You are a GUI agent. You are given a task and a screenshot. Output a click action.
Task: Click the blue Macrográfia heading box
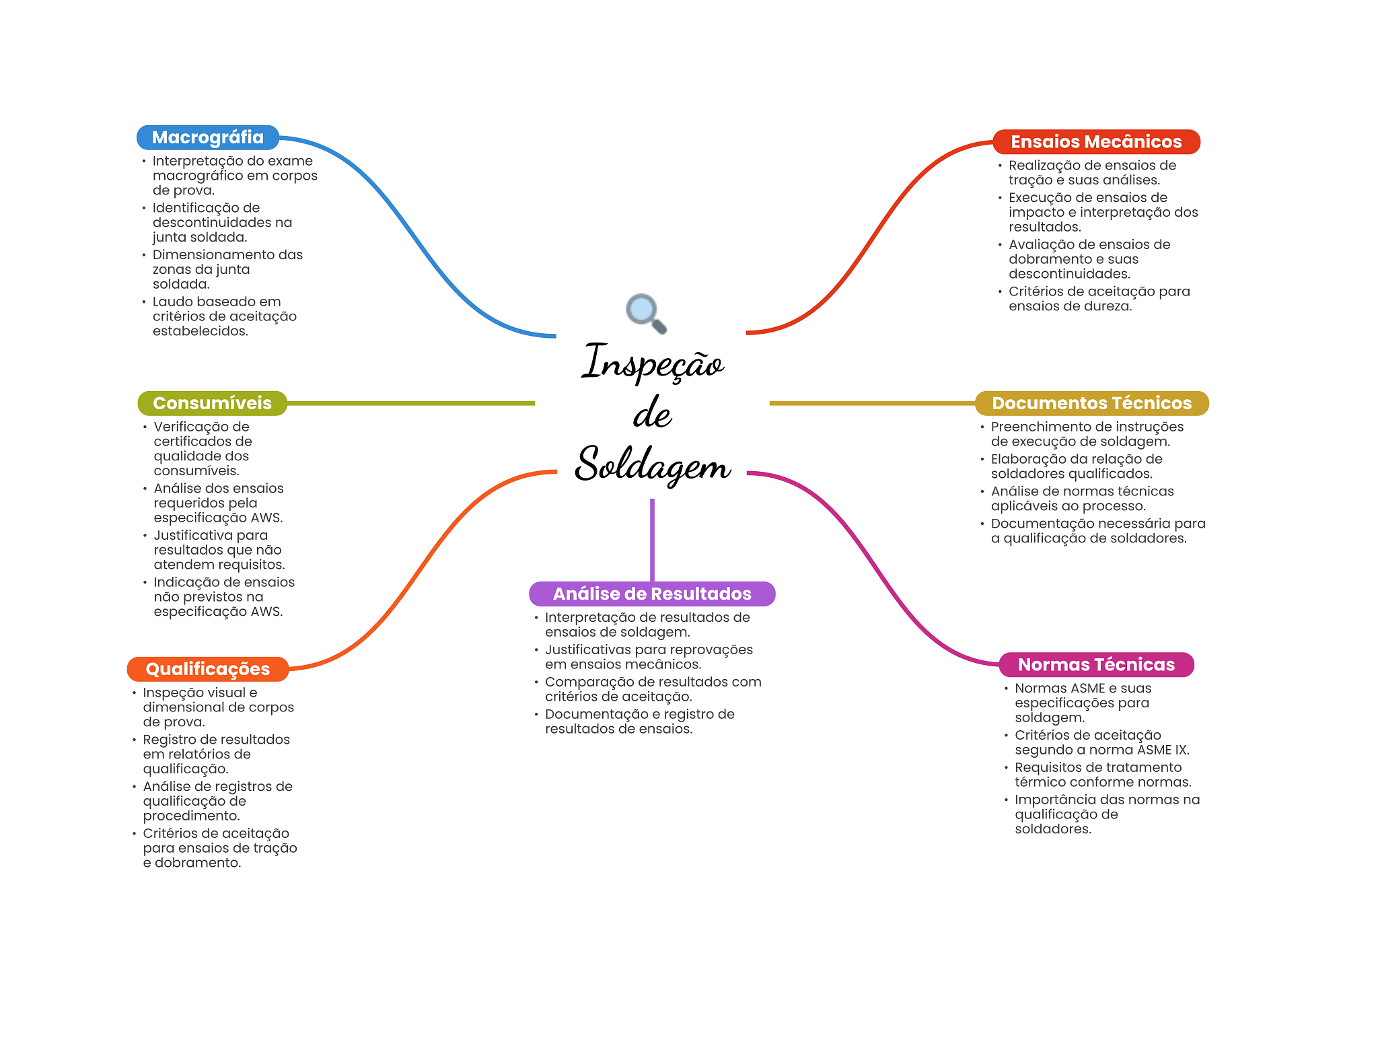coord(208,137)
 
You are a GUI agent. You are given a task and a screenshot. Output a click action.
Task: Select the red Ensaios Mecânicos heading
coord(1096,142)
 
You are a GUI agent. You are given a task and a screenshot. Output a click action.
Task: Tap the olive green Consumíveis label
coord(213,403)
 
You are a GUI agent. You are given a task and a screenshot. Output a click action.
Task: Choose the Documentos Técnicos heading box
coord(1091,403)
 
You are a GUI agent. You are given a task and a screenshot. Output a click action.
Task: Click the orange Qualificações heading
coord(208,669)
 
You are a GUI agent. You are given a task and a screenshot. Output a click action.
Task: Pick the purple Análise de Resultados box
coord(652,594)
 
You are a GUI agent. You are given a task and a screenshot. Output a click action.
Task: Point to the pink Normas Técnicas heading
coord(1096,664)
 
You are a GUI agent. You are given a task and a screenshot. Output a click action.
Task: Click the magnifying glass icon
coord(646,314)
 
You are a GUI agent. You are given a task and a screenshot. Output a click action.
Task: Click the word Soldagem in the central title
coord(653,464)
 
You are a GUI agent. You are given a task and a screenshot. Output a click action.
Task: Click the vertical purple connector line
coord(652,540)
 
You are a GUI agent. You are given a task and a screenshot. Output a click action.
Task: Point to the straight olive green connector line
coord(411,403)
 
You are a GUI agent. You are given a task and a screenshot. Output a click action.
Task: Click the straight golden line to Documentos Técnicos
coord(872,403)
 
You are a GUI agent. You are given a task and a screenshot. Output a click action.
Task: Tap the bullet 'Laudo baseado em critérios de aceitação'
coord(225,316)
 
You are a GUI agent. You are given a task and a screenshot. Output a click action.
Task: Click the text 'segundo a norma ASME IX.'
coord(1102,750)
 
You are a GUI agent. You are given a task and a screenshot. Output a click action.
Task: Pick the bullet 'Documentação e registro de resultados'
coord(640,721)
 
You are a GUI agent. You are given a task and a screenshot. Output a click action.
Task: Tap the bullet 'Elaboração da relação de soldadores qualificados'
coord(1077,466)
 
